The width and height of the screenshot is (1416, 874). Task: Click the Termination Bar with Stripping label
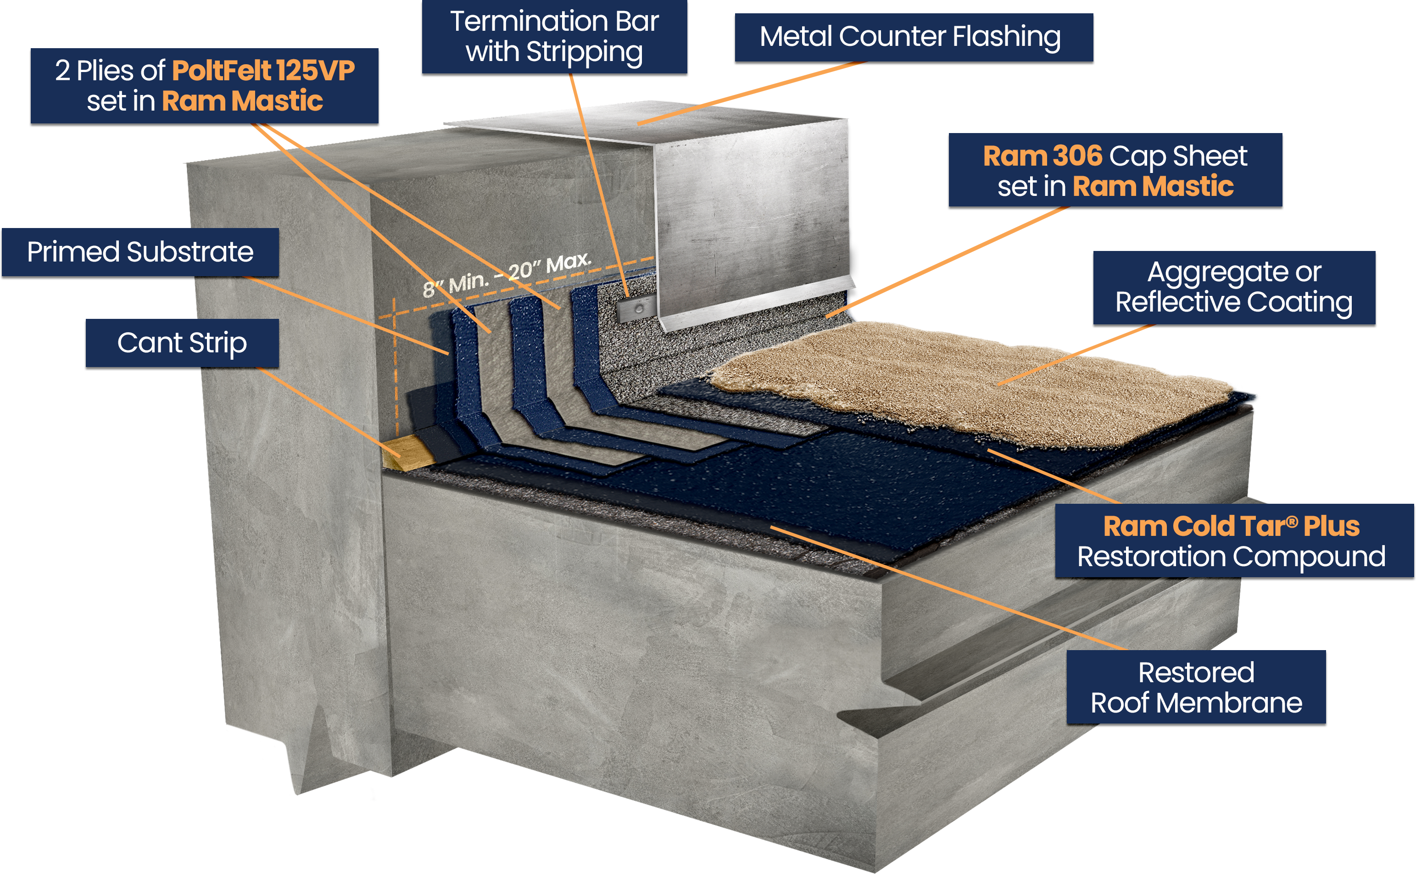(x=554, y=36)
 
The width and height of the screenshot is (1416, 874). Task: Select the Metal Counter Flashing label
(x=910, y=36)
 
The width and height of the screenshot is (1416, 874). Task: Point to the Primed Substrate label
(x=140, y=252)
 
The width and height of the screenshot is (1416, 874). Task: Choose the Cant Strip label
(x=182, y=343)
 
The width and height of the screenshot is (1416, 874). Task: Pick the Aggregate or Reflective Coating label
(x=1234, y=287)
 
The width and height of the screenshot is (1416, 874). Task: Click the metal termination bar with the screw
(x=636, y=309)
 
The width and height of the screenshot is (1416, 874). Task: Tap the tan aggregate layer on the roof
(x=953, y=382)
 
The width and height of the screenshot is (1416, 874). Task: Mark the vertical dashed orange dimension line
(x=396, y=370)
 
